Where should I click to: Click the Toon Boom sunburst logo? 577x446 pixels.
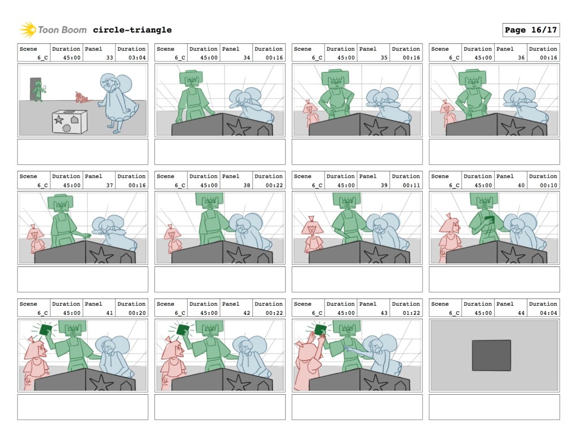point(28,30)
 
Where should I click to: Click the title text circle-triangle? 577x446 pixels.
point(132,30)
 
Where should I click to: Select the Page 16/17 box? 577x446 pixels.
point(531,30)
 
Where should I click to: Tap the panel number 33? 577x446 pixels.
point(110,57)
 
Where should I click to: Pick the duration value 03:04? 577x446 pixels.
point(137,57)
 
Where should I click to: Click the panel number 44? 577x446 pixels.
point(521,313)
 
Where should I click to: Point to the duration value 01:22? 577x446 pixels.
point(411,313)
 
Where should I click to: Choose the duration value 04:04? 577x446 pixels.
point(548,313)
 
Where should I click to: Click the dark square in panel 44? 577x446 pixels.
point(491,355)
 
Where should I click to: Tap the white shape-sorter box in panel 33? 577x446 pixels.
point(69,121)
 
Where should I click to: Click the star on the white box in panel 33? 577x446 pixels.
point(59,119)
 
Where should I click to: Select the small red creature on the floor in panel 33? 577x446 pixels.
point(81,97)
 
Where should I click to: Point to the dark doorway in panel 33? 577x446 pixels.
point(35,88)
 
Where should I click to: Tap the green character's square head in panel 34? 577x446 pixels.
point(191,79)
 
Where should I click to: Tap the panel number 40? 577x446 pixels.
point(521,185)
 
